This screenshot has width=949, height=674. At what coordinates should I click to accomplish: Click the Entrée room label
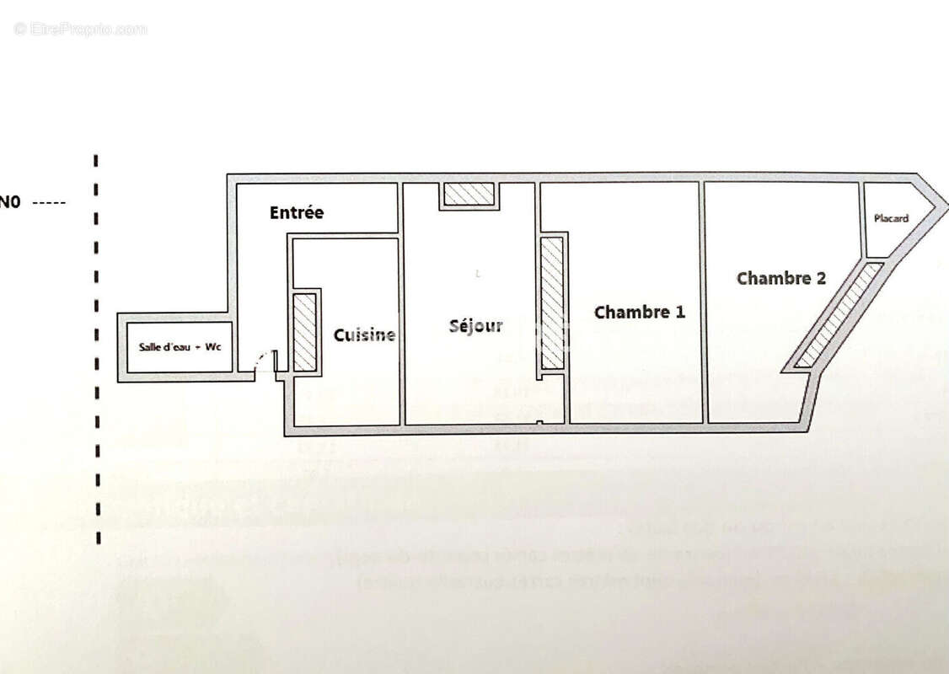pyautogui.click(x=296, y=213)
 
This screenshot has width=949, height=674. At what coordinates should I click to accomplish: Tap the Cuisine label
pyautogui.click(x=364, y=335)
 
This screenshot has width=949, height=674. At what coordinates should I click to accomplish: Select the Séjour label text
pyautogui.click(x=476, y=326)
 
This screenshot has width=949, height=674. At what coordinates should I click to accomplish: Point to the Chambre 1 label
pyautogui.click(x=639, y=313)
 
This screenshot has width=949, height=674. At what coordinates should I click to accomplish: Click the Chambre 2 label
pyautogui.click(x=780, y=278)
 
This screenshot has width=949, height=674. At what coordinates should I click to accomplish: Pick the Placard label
pyautogui.click(x=891, y=219)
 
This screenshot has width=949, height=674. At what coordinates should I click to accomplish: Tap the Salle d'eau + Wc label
pyautogui.click(x=180, y=347)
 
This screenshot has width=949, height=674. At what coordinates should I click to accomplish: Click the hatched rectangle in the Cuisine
pyautogui.click(x=304, y=332)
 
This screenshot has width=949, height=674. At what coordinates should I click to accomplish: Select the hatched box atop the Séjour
pyautogui.click(x=469, y=194)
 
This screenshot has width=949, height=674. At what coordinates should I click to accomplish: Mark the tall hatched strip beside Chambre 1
pyautogui.click(x=552, y=302)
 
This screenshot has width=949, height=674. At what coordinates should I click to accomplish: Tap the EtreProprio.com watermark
pyautogui.click(x=80, y=29)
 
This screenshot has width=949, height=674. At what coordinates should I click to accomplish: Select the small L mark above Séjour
pyautogui.click(x=478, y=273)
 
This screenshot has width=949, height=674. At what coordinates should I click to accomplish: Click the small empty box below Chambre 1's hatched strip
pyautogui.click(x=552, y=398)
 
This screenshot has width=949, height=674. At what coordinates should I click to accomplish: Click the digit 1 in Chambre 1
pyautogui.click(x=679, y=313)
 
